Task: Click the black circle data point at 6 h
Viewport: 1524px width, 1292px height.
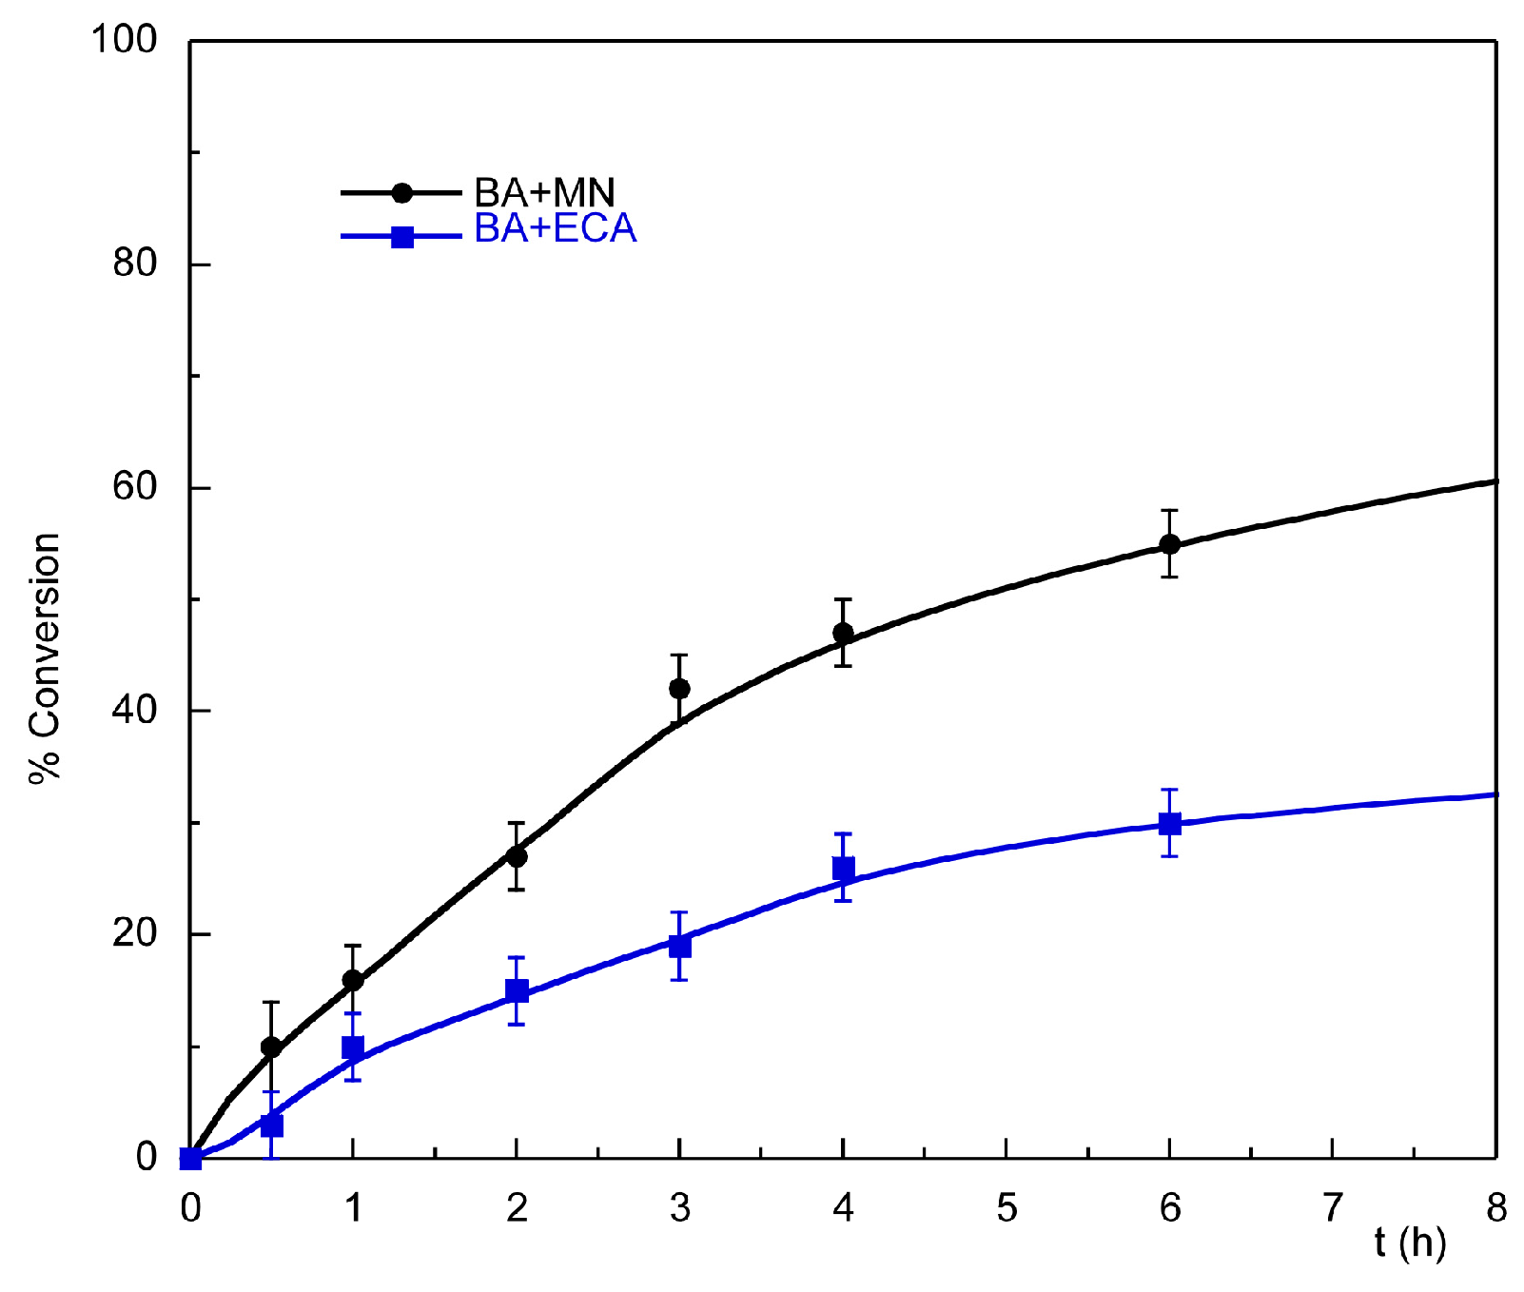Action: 1169,544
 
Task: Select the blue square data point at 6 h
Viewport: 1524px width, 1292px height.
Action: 1169,824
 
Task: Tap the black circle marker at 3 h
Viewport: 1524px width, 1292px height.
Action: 679,688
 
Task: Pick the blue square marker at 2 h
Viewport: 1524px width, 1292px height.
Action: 517,991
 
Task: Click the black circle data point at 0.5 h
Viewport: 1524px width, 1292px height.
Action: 271,1047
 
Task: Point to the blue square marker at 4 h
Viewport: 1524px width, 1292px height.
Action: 843,869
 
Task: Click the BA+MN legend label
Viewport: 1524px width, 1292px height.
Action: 544,193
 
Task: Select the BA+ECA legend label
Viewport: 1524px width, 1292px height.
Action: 555,229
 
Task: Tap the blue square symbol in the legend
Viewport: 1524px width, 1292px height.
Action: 402,236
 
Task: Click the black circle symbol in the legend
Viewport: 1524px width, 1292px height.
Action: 402,193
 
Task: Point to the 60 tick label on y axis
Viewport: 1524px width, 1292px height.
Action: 134,487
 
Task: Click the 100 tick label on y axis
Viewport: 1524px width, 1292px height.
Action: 124,40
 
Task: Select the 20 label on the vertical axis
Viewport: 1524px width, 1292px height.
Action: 134,934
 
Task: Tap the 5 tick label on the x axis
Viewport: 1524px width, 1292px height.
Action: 1006,1209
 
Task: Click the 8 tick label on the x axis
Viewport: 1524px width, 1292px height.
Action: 1496,1209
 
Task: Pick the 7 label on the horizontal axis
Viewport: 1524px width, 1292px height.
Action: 1333,1209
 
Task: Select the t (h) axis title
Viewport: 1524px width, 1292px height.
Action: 1410,1243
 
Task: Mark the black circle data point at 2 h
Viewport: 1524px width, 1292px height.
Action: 517,856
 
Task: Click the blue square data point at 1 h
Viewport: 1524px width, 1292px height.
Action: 353,1047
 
